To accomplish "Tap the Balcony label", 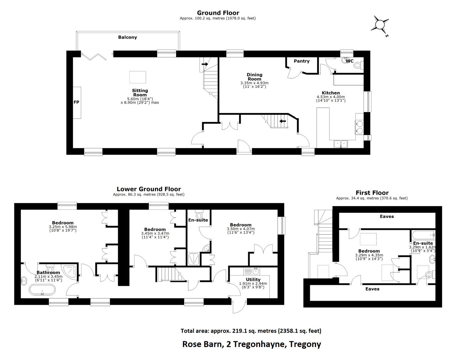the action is point(127,37).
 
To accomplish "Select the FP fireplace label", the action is point(76,102).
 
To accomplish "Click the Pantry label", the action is point(301,61).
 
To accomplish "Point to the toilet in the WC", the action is point(358,65).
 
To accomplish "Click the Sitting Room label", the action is point(140,93).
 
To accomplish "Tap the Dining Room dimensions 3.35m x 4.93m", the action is point(254,83).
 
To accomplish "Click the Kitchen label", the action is point(331,93).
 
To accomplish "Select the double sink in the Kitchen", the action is point(341,144).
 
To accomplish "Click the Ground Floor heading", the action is point(218,13).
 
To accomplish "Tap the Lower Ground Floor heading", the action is point(149,189).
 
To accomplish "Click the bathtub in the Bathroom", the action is point(42,290).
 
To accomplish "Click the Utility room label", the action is point(253,279).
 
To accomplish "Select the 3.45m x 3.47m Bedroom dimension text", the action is point(155,233).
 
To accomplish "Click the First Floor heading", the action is point(372,193).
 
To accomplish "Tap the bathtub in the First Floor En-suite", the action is point(423,235).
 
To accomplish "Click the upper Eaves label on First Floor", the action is point(387,216).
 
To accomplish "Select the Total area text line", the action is point(251,331).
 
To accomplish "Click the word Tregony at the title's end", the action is point(305,344).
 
